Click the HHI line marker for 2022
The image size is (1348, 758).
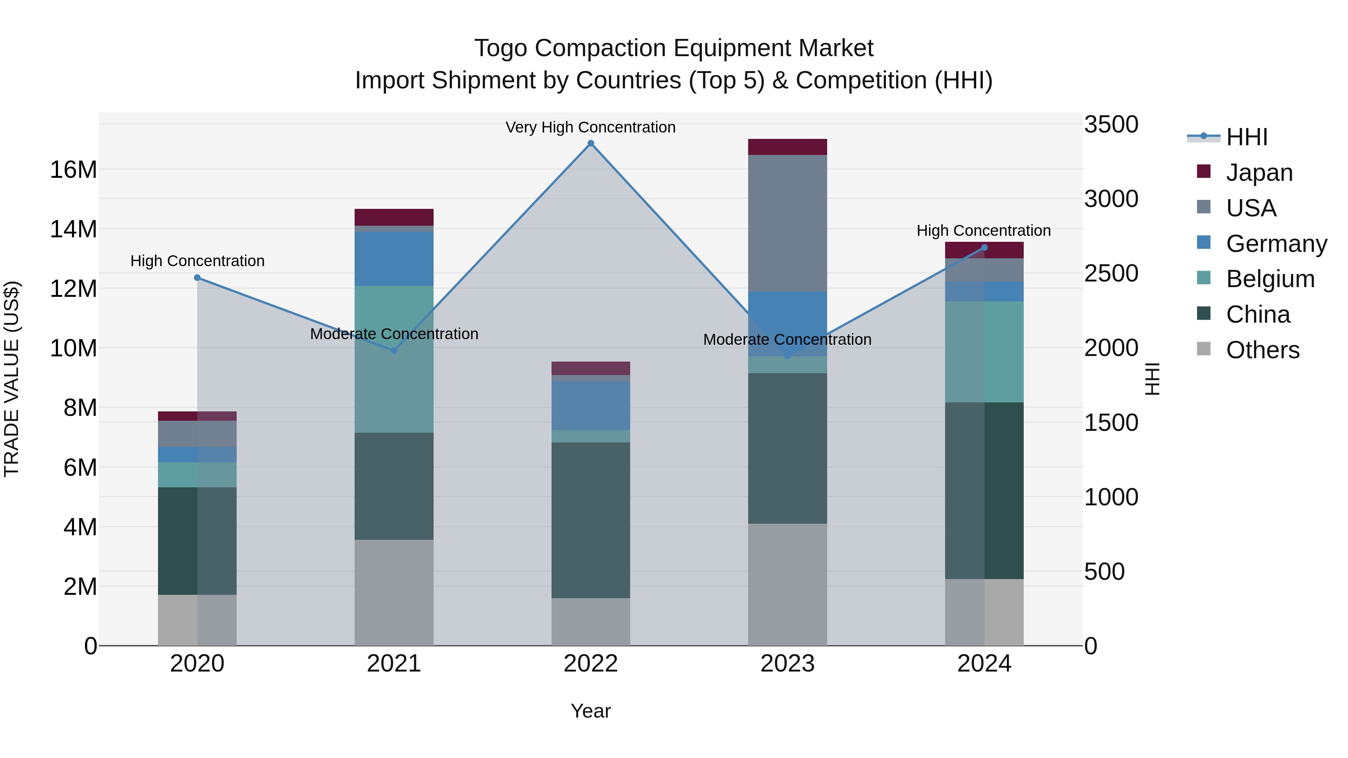[591, 143]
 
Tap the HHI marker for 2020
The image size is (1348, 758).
[197, 278]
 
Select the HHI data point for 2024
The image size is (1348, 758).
[984, 247]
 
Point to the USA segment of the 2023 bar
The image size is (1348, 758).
[787, 223]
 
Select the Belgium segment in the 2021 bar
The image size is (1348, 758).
[394, 359]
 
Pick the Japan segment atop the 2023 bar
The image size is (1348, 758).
[787, 147]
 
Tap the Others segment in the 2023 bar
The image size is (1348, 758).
[787, 584]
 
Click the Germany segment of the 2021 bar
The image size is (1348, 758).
[394, 259]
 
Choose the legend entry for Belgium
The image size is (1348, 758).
[1270, 279]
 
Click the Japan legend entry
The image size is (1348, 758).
[1259, 173]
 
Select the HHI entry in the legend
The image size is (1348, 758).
[1247, 137]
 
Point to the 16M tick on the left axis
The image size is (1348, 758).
[73, 170]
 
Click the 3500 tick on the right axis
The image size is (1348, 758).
[1111, 125]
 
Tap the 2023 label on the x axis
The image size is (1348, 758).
[787, 664]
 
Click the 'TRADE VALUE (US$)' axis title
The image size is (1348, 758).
[12, 379]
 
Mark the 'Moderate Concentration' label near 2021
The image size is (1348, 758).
[394, 334]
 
